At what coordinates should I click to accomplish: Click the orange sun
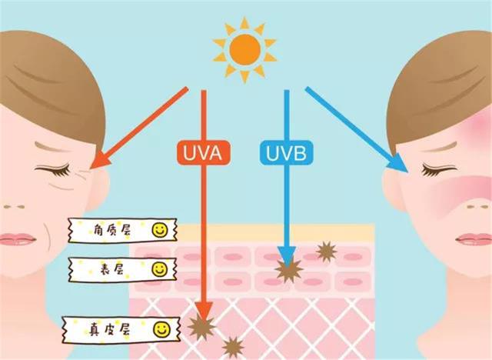[244, 50]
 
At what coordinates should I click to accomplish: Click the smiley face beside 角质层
[159, 229]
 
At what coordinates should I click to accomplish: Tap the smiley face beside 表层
[159, 268]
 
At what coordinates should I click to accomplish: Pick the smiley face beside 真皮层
[161, 329]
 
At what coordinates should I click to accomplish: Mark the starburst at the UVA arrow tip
[202, 325]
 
